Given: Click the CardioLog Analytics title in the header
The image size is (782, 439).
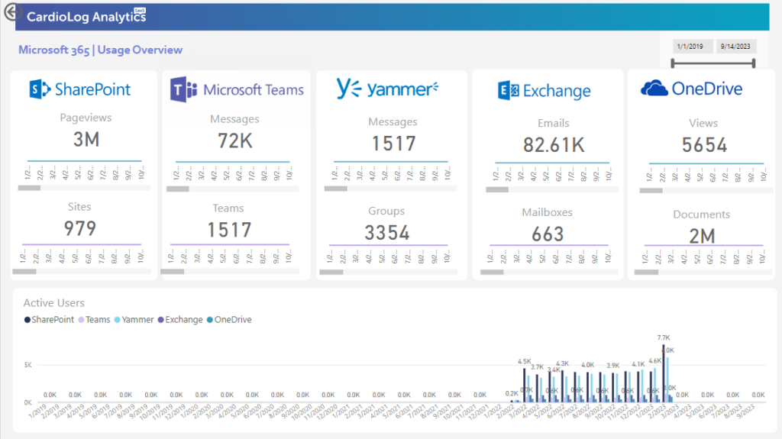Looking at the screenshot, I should coord(86,17).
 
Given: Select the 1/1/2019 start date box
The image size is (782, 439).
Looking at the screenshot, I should coord(693,47).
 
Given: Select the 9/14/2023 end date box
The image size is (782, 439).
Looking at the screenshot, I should coord(736,47).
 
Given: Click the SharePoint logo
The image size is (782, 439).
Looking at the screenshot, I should coord(80,89).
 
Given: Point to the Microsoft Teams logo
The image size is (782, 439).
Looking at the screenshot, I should coord(237,89).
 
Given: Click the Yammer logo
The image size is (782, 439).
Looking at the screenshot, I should coord(388,89).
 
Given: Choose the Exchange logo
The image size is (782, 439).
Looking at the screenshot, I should coord(544,91).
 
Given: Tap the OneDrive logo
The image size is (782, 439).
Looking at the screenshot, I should coord(692,89).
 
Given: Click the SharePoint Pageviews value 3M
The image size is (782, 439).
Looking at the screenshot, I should coord(86,140).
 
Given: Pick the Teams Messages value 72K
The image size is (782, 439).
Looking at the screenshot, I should coord(234,141).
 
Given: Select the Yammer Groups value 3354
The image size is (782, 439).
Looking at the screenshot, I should coord(386,233).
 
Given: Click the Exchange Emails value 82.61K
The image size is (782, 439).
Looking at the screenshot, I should coord(554,145).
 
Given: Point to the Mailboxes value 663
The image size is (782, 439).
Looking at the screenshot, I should coord(548,234).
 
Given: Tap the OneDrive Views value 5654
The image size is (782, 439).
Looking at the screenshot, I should coord(704,145).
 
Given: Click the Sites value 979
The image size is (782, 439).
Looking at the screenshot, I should coord(80,228).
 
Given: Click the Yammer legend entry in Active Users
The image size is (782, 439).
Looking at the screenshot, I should coord(136,320).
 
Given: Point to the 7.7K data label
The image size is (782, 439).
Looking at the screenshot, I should coord(663,337).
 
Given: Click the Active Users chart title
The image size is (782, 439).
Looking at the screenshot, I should coord(54,303).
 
